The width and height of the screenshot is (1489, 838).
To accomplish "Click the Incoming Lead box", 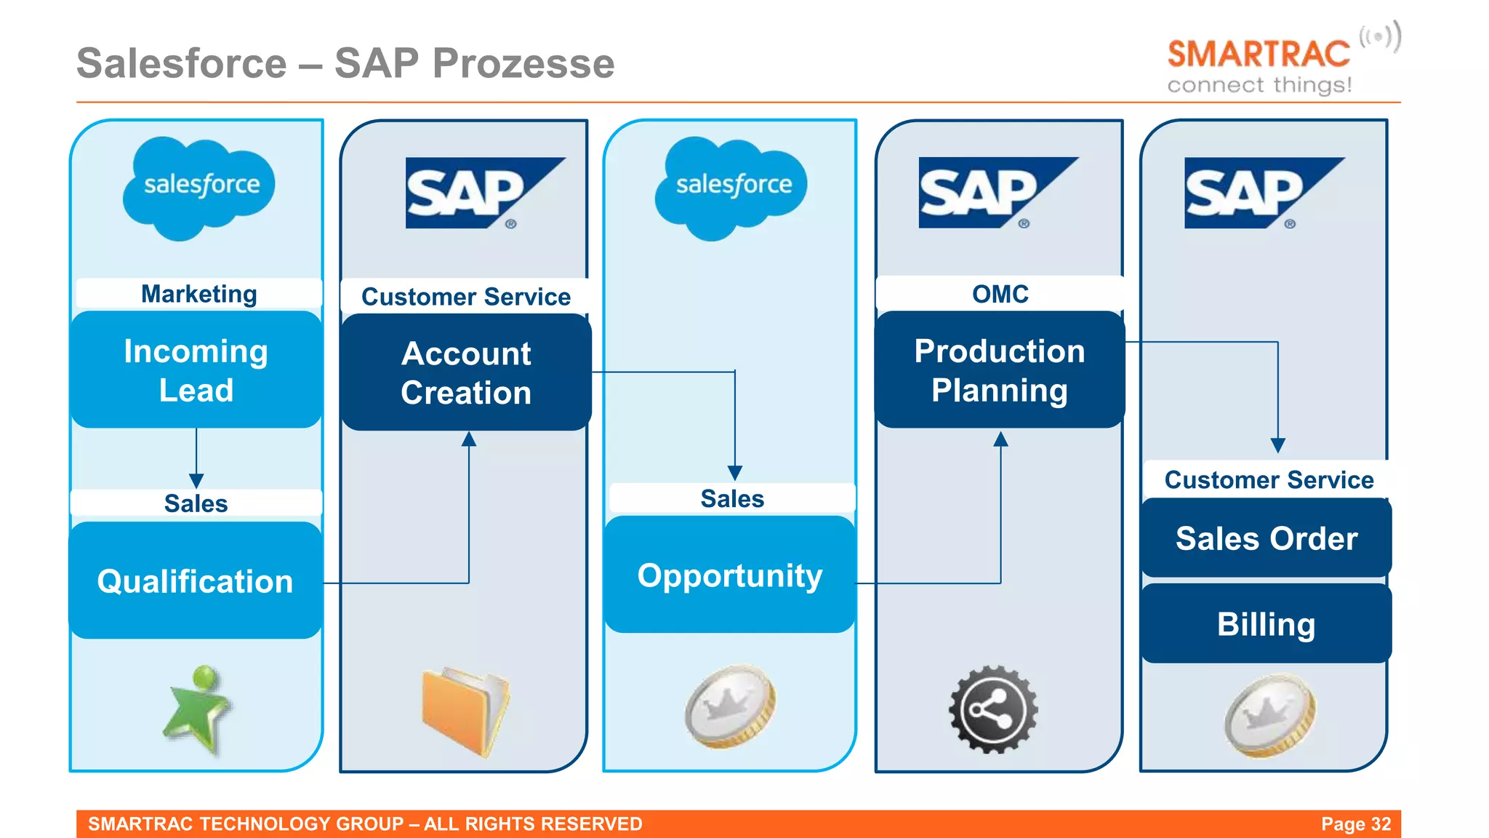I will (196, 370).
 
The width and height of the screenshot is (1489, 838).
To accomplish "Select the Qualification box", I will (195, 580).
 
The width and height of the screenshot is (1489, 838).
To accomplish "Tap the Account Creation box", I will (466, 372).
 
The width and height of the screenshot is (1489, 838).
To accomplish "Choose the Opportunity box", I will (730, 575).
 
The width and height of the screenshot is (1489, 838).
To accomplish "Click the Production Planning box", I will (1000, 370).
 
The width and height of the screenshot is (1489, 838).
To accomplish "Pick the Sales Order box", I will (1267, 538).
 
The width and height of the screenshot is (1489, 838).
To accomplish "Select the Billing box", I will (1267, 624).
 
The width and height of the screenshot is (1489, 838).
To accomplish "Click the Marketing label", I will (198, 293).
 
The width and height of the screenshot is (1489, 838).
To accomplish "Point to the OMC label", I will (1000, 294).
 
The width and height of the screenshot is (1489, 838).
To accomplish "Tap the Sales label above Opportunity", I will (732, 498).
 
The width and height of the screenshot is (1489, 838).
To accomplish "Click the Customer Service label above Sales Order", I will (1269, 479).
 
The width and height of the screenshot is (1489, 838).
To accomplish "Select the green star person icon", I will (198, 709).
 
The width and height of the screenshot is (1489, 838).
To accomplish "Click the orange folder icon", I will (465, 711).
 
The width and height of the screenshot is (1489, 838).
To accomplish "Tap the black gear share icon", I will (993, 709).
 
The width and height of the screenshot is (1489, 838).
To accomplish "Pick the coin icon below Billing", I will (1269, 714).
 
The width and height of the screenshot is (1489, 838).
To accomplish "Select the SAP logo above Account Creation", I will (483, 193).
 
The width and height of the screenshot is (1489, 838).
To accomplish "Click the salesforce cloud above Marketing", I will (198, 188).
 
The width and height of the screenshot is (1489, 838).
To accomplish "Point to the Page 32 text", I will (1355, 823).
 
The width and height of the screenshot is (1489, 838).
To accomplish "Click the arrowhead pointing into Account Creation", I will (469, 439).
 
